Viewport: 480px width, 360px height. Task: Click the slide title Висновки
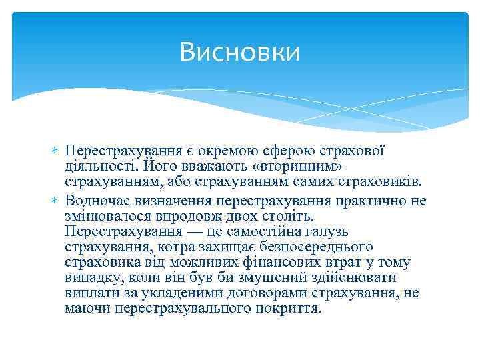click(x=239, y=51)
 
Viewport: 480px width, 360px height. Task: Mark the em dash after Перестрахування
click(x=197, y=232)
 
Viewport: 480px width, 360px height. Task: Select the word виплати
click(x=88, y=293)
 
